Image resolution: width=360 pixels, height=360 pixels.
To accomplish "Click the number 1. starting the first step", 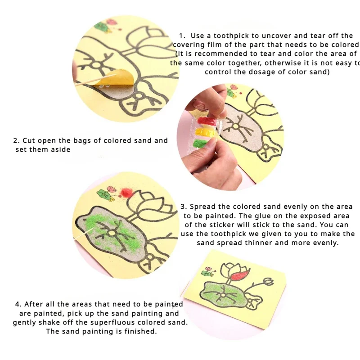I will (x=182, y=36).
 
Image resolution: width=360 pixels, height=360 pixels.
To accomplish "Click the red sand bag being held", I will (x=206, y=121).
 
